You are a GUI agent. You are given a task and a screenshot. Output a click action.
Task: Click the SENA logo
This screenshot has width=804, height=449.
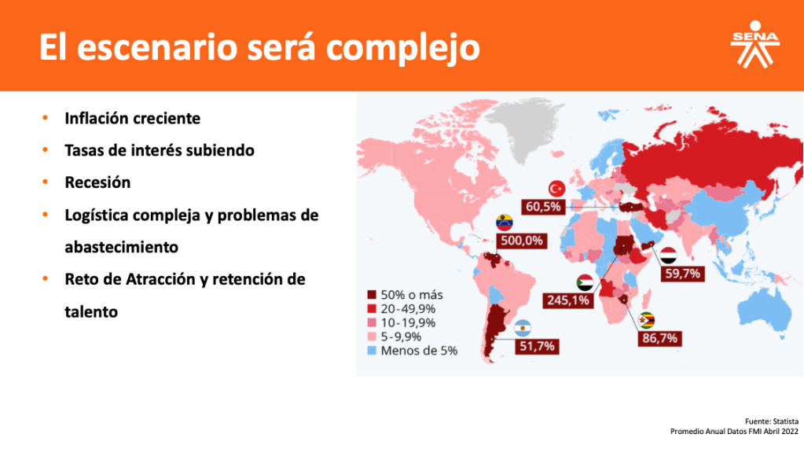[x=754, y=45]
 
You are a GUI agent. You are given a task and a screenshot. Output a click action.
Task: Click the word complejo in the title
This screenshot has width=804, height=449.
[x=402, y=48]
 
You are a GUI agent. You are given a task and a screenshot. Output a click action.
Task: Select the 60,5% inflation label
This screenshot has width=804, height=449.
[x=543, y=207]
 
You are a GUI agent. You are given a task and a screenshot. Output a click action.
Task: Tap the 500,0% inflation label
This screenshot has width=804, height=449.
[x=522, y=241]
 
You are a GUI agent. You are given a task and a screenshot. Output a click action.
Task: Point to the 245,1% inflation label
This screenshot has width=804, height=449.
[x=568, y=300]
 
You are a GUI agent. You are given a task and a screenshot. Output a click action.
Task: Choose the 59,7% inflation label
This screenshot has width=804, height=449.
[x=682, y=274]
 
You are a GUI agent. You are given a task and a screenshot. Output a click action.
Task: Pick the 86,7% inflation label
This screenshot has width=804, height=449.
[x=660, y=338]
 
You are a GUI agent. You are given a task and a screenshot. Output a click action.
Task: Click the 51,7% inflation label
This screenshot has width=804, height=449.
[x=537, y=346]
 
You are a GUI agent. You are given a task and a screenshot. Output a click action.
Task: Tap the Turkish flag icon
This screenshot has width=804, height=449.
[x=557, y=189]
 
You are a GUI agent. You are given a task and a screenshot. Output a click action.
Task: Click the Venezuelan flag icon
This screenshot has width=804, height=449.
[x=505, y=223]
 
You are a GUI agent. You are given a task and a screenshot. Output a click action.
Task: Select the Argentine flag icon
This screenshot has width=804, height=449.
[x=523, y=329]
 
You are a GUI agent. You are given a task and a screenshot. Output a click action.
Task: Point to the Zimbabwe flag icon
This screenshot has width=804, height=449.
[x=646, y=320]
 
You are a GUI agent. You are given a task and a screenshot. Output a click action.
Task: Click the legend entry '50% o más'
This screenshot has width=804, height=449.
[x=405, y=295]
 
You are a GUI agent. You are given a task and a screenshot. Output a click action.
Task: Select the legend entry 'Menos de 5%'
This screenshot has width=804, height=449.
[x=413, y=351]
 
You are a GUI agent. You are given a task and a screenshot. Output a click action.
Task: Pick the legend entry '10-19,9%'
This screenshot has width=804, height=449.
[x=402, y=322]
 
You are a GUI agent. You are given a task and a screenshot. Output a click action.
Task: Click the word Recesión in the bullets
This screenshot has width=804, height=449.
[x=97, y=182]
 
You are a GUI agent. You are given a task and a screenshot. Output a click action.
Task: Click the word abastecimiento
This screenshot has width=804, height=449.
[x=122, y=248]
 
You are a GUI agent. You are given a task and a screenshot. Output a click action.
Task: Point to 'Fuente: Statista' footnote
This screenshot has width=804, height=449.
[x=772, y=421]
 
